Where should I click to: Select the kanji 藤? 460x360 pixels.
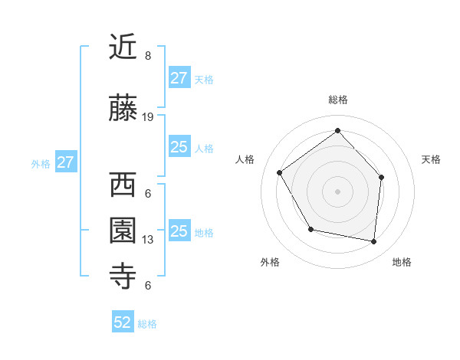point(124,110)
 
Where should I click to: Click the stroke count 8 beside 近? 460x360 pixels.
point(147,56)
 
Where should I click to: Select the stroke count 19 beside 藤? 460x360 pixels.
point(148,117)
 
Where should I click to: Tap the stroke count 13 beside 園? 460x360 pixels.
point(148,240)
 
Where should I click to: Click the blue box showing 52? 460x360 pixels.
point(123,323)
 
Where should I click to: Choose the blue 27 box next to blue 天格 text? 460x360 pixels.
point(179,78)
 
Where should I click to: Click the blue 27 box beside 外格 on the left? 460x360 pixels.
point(66,162)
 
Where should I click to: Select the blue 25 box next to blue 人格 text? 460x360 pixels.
point(179,147)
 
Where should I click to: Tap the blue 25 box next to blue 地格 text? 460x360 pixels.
point(179,231)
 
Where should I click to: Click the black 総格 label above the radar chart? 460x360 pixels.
point(338,100)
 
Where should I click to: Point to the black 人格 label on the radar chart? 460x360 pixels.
point(245,159)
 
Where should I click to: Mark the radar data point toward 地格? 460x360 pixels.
point(374,242)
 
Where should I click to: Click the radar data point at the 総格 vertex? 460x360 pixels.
point(337,130)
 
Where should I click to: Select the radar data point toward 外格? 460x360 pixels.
point(310,229)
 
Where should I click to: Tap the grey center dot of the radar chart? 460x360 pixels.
point(337,191)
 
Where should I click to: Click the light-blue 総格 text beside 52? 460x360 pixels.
point(147,324)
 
